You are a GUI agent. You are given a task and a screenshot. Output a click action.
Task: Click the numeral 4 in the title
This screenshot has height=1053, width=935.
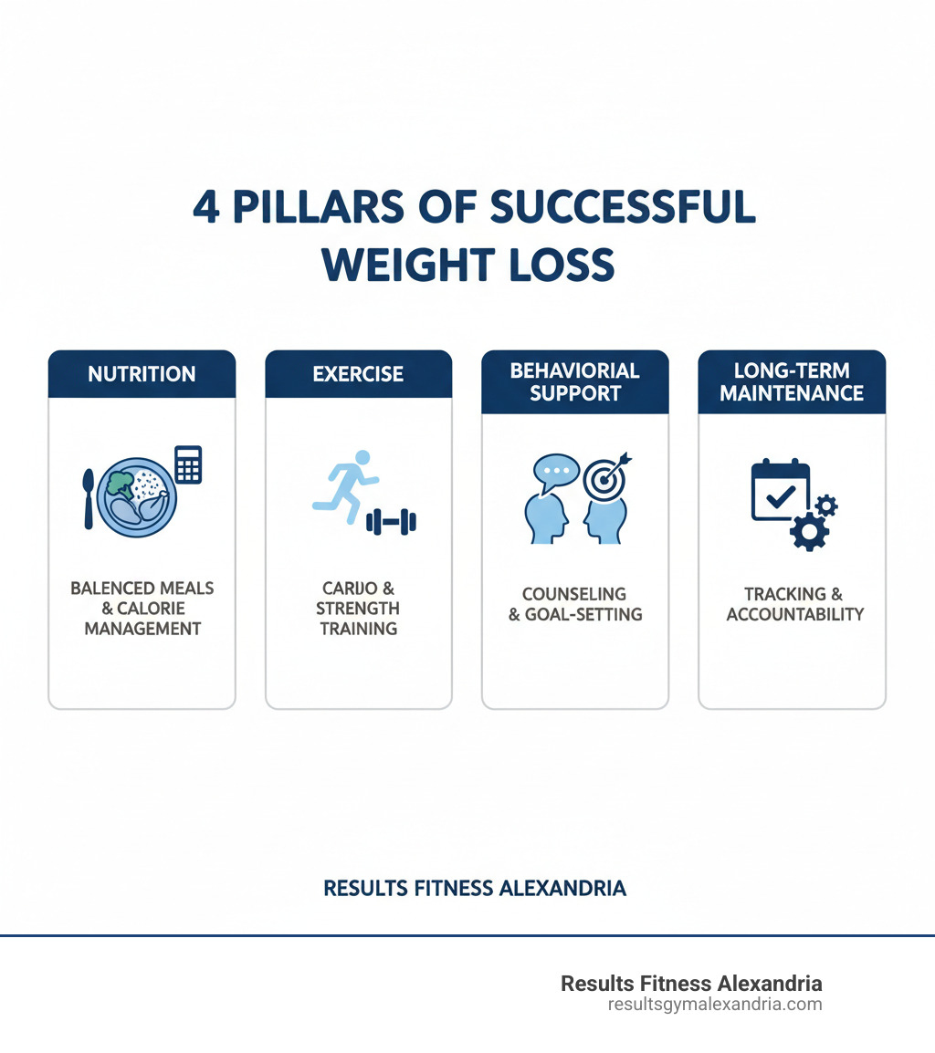206,207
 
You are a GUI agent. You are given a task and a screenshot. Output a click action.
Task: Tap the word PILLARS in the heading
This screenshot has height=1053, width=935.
319,207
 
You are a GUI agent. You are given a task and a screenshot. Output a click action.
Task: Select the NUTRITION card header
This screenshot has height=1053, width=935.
142,374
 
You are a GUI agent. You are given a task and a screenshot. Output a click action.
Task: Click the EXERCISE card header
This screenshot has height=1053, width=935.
358,374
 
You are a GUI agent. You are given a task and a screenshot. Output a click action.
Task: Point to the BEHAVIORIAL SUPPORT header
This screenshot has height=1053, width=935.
574,381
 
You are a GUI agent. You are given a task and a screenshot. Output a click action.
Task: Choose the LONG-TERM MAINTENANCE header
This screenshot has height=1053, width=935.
792,381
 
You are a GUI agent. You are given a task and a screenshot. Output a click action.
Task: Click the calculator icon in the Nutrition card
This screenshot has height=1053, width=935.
188,464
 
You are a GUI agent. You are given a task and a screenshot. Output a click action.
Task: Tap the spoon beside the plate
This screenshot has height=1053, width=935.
89,499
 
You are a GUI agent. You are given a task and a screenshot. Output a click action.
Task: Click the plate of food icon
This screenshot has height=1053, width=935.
136,497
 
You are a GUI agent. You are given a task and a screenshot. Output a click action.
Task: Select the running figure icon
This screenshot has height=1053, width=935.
345,486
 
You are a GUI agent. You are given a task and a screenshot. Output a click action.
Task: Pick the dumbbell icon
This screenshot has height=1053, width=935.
391,522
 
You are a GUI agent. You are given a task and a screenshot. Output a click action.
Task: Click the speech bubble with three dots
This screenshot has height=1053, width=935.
557,469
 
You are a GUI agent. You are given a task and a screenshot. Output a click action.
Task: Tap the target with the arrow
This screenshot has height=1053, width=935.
606,477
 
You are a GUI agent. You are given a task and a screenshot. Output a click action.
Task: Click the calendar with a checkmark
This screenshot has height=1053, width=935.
781,490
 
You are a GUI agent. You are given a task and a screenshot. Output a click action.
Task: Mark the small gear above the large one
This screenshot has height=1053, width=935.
826,506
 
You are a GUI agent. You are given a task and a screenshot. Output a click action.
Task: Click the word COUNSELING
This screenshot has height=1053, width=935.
574,594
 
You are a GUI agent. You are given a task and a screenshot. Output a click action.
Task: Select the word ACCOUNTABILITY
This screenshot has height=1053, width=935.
795,614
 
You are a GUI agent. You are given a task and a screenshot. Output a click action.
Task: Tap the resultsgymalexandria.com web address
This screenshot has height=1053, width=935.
715,1005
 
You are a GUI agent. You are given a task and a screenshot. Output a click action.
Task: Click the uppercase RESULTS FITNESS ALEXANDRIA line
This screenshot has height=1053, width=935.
475,889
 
